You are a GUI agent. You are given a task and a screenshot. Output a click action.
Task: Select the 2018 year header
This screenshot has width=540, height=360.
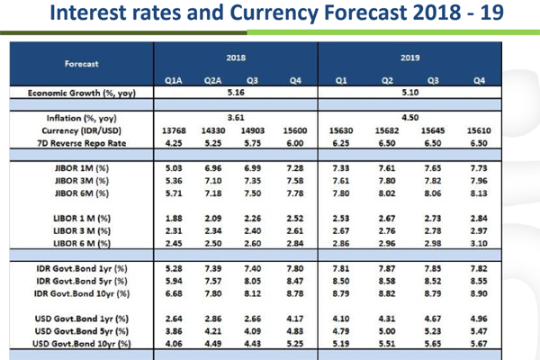coord(237,58)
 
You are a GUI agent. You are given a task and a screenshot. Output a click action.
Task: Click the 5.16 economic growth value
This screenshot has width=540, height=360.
coord(237,93)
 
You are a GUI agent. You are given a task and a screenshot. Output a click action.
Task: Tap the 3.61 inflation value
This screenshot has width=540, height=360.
coord(237,117)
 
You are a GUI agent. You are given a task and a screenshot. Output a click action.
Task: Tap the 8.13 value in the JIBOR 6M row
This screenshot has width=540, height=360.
coord(480,193)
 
